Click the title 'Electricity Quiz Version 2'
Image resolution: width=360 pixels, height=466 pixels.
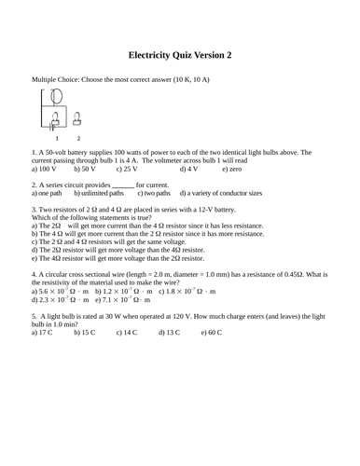[180, 55]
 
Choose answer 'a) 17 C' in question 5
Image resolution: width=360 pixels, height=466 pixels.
[43, 332]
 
